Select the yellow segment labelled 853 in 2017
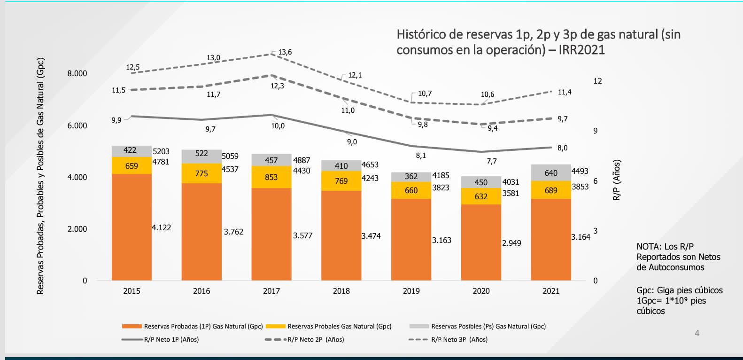[x=271, y=177]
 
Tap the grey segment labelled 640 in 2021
[x=551, y=173]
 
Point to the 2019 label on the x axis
[x=411, y=291]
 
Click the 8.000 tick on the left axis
[x=77, y=73]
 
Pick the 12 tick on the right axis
[x=597, y=81]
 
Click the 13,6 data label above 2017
[x=285, y=52]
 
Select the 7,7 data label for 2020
[x=491, y=161]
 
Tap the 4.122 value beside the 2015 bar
[x=161, y=227]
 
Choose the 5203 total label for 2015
[x=161, y=151]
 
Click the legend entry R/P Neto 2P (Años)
[x=316, y=339]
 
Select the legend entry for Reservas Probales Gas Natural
[x=339, y=326]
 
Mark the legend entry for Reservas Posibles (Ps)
[x=488, y=326]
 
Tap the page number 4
[x=697, y=333]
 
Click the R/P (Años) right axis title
[x=617, y=180]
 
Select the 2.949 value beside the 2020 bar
[x=511, y=243]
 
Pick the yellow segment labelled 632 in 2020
[x=481, y=196]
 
